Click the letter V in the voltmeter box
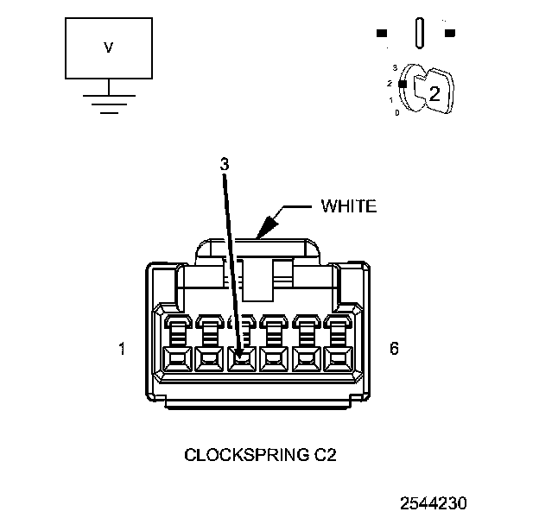coord(108,48)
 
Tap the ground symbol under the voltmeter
coord(108,102)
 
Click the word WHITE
coord(349,205)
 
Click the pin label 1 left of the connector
coord(122,350)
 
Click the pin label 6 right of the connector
coord(394,350)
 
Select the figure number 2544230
coord(434,502)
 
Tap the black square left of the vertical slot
coord(382,34)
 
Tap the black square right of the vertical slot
coord(450,34)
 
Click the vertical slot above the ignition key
coord(420,34)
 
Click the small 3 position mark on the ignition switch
coord(394,67)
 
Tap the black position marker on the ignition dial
coord(402,83)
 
